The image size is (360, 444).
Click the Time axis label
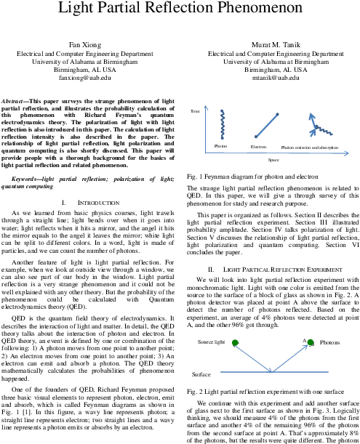pos(195,111)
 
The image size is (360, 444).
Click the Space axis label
pos(274,160)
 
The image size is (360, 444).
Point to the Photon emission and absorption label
pos(312,147)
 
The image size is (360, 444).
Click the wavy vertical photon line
pos(223,124)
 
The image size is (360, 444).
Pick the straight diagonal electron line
pos(266,125)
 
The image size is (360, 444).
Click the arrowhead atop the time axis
pos(207,108)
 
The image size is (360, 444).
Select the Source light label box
pos(212,342)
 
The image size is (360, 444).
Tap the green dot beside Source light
pos(235,342)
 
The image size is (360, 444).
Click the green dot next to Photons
pos(311,342)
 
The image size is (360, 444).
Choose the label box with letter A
pos(303,340)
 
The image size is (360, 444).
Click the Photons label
pos(334,342)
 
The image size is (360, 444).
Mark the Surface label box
pos(201,374)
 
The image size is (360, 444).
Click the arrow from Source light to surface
pos(253,357)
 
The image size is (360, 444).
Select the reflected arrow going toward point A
pos(289,358)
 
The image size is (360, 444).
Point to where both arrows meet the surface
pos(272,371)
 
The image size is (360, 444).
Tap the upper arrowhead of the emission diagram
pos(311,115)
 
